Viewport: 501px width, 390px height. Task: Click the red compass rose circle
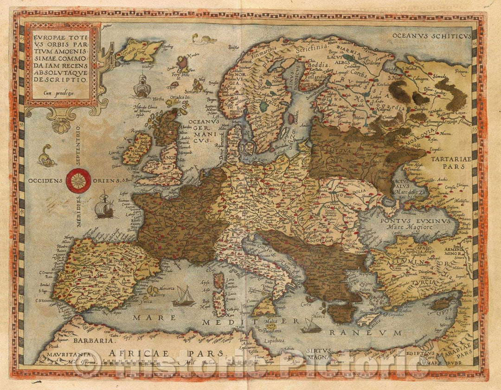78,181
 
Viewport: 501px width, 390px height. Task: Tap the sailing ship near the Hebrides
141,87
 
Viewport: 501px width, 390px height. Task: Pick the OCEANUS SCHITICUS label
431,35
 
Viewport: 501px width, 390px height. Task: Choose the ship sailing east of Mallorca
184,297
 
